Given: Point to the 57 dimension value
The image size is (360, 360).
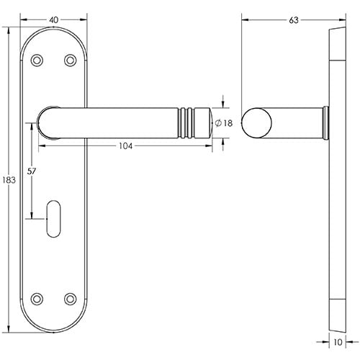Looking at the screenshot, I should (x=32, y=171).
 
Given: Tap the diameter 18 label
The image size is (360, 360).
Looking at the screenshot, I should (x=225, y=123).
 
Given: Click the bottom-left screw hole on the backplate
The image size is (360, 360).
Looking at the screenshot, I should (x=38, y=297).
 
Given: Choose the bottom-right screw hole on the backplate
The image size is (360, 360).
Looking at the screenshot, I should (x=70, y=297).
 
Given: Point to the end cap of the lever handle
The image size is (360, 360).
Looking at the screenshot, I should (x=202, y=122).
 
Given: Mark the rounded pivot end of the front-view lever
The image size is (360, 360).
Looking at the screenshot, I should (x=48, y=122).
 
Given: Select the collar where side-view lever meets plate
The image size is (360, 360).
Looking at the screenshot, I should (x=325, y=122).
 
